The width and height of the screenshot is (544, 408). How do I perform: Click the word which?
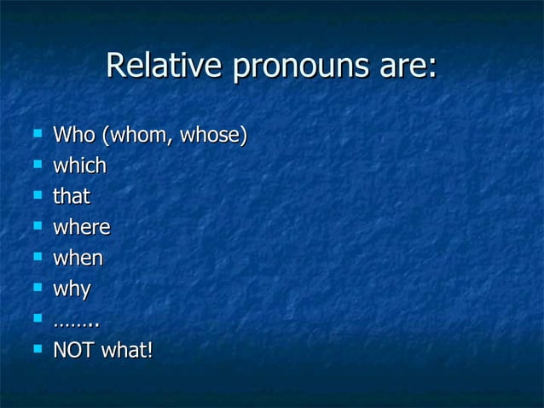tap(79, 166)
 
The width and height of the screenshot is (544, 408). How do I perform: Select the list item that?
tap(72, 196)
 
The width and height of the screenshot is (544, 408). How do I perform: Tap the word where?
tap(82, 227)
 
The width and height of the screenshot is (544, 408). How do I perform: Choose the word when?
tap(78, 258)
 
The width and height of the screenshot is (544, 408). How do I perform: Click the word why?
tap(72, 289)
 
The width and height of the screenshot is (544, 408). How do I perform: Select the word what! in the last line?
tap(127, 350)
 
